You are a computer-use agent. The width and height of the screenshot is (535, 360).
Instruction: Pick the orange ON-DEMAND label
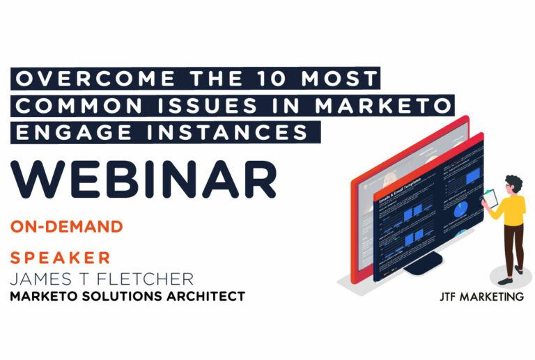67,226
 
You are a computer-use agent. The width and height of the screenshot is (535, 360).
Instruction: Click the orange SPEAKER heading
61,258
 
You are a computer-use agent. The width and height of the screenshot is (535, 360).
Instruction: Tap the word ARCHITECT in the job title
206,296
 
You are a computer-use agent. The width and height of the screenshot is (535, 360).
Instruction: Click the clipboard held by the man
490,199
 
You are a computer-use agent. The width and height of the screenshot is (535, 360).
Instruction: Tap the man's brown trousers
513,244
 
